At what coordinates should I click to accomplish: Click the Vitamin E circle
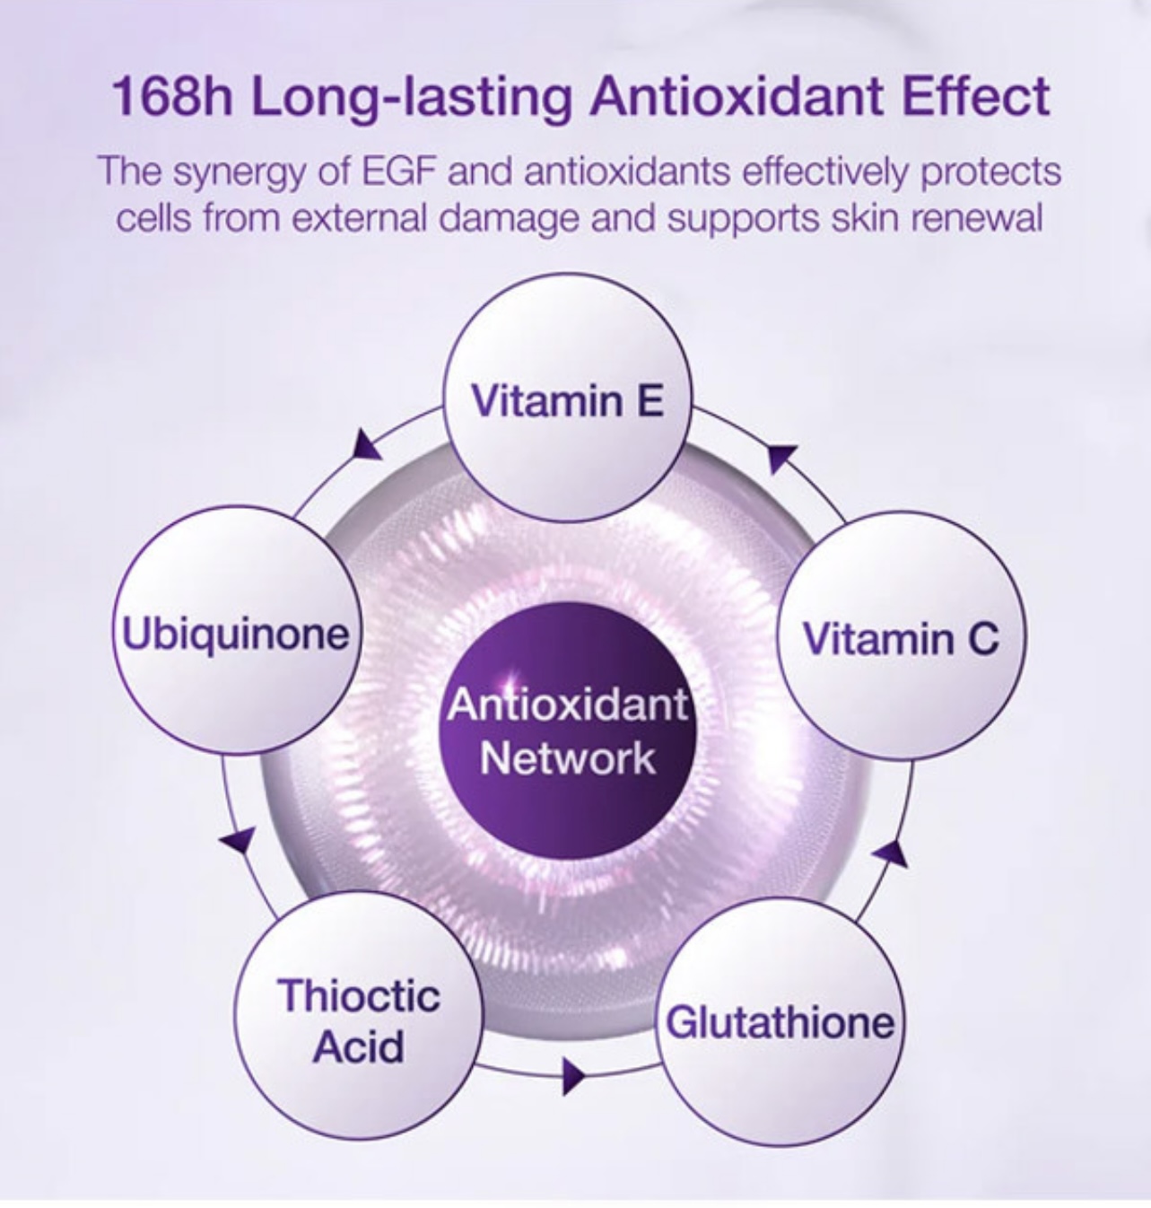(568, 398)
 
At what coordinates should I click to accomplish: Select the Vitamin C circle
(901, 635)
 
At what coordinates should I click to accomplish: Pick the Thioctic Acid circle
(359, 1015)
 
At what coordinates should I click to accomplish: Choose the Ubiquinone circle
(236, 630)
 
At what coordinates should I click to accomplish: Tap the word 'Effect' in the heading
(975, 95)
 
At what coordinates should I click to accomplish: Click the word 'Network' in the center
(568, 757)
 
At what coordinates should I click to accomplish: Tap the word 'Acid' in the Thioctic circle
(360, 1046)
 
